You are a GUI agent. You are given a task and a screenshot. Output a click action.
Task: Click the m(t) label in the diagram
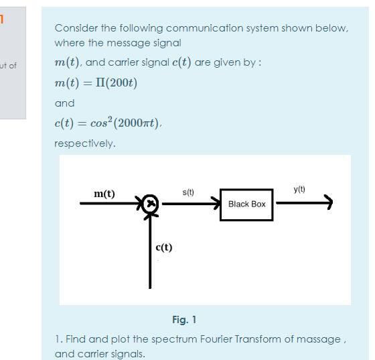[104, 194]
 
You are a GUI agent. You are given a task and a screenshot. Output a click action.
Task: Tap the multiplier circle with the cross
[151, 202]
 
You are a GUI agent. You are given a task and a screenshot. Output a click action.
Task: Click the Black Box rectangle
[246, 204]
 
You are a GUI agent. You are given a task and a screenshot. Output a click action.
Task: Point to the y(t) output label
[299, 190]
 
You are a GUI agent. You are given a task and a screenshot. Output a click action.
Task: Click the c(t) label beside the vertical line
[163, 247]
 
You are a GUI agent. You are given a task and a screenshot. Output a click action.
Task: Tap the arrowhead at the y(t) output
[327, 201]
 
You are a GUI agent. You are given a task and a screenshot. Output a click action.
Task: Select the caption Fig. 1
[184, 319]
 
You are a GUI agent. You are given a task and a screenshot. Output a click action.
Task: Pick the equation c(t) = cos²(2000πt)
[108, 123]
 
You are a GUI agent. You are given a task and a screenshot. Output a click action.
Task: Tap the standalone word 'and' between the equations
[64, 103]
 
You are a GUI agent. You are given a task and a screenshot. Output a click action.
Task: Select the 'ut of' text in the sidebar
[9, 65]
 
